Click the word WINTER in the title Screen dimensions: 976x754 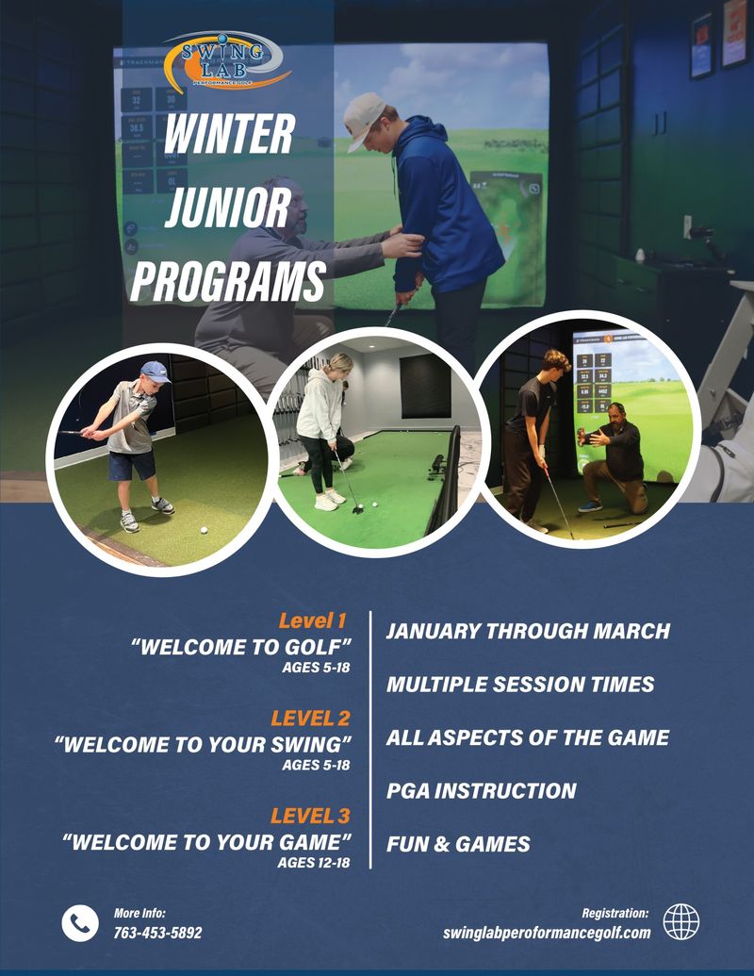[x=229, y=136]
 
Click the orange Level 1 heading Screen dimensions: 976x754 [x=313, y=620]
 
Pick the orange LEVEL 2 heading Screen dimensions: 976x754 [x=310, y=720]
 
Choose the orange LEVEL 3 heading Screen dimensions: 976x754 [x=310, y=816]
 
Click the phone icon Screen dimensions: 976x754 [x=80, y=922]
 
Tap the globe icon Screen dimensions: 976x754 [x=680, y=921]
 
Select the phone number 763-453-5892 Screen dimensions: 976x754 [x=157, y=933]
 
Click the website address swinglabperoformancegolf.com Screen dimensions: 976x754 [x=547, y=933]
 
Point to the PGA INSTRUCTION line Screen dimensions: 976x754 [x=481, y=791]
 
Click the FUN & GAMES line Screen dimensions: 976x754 [x=458, y=844]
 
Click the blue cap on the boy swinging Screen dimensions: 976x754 [x=154, y=371]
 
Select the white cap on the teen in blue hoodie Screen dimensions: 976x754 [x=364, y=117]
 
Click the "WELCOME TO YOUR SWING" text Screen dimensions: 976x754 [x=203, y=743]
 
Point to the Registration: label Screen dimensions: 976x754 [x=615, y=913]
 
